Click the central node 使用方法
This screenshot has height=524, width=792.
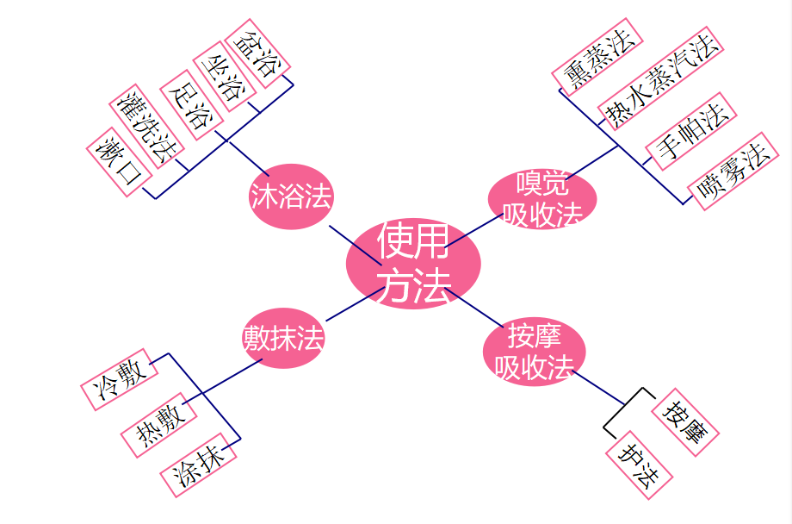[413, 263]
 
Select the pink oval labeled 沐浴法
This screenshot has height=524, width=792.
[291, 196]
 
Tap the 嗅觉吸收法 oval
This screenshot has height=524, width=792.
[541, 199]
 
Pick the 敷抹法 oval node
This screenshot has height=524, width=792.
[283, 338]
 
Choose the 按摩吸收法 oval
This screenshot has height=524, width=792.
[534, 352]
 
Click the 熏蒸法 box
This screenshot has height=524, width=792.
[597, 54]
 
